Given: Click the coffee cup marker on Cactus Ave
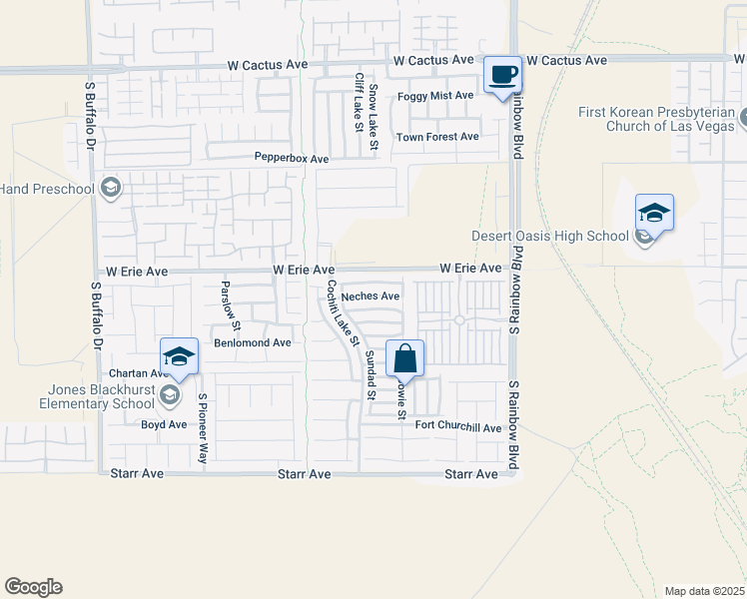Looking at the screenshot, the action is point(503,74).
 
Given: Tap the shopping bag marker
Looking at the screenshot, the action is point(404,358).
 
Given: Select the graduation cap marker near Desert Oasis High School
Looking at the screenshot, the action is point(654,213).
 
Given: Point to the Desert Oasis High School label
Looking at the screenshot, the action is point(550,237).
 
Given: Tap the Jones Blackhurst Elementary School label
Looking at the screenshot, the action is point(97,396).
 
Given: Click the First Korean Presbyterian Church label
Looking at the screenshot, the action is point(656,119).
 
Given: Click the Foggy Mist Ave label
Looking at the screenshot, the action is point(435,96).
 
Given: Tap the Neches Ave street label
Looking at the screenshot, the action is point(370,297).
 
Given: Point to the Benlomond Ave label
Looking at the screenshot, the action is point(252,342).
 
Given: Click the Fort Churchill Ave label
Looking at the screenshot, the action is point(457,427).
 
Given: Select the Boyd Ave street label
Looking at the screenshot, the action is point(164,424).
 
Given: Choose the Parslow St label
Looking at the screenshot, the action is point(231,305).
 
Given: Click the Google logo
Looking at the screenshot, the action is point(33,587).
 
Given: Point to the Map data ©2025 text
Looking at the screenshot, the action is point(704,591).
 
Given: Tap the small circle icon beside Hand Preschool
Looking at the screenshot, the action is point(111,189).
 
